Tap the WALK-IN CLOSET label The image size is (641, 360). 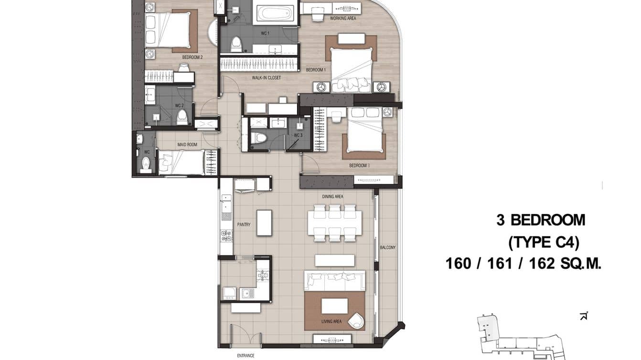pyautogui.click(x=267, y=77)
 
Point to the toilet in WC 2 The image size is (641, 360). pyautogui.click(x=182, y=117)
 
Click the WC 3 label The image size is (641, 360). pyautogui.click(x=298, y=135)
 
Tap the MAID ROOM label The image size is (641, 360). pyautogui.click(x=187, y=145)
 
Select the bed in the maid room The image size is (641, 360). pyautogui.click(x=182, y=162)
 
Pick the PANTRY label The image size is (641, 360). pyautogui.click(x=244, y=224)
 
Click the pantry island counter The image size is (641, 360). pyautogui.click(x=264, y=223)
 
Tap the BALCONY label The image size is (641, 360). pyautogui.click(x=387, y=247)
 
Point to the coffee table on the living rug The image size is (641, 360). pyautogui.click(x=334, y=306)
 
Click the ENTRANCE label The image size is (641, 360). pyautogui.click(x=246, y=356)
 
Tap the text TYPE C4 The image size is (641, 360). pyautogui.click(x=544, y=243)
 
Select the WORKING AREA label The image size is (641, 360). pyautogui.click(x=343, y=19)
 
